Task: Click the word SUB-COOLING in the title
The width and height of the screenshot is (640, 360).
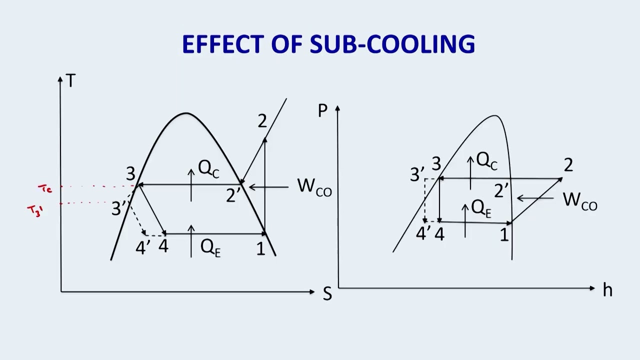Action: click(392, 44)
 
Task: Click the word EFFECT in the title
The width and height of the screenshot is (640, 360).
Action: click(223, 44)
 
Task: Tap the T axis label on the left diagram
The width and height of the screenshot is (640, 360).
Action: click(70, 80)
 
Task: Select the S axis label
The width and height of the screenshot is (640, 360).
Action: click(327, 293)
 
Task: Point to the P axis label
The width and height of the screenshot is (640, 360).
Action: click(322, 110)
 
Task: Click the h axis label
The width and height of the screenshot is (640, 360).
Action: click(607, 290)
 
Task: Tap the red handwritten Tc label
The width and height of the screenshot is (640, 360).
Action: click(45, 188)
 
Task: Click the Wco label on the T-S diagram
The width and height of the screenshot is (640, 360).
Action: click(314, 187)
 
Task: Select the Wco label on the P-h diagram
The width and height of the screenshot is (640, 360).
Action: click(580, 201)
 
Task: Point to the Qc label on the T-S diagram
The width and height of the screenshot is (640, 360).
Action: click(209, 169)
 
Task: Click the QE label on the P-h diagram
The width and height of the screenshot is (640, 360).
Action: click(481, 208)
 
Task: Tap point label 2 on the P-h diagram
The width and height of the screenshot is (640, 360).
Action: click(568, 165)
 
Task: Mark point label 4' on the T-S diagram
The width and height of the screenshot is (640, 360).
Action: click(142, 247)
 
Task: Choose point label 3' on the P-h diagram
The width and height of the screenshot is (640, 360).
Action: click(417, 174)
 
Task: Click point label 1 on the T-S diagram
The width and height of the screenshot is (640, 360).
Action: click(261, 248)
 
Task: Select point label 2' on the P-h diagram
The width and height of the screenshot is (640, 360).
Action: click(501, 191)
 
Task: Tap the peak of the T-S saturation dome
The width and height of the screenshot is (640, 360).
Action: click(186, 113)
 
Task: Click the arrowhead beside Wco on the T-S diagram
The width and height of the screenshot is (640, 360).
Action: click(252, 187)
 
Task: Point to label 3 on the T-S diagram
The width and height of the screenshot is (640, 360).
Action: click(130, 173)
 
